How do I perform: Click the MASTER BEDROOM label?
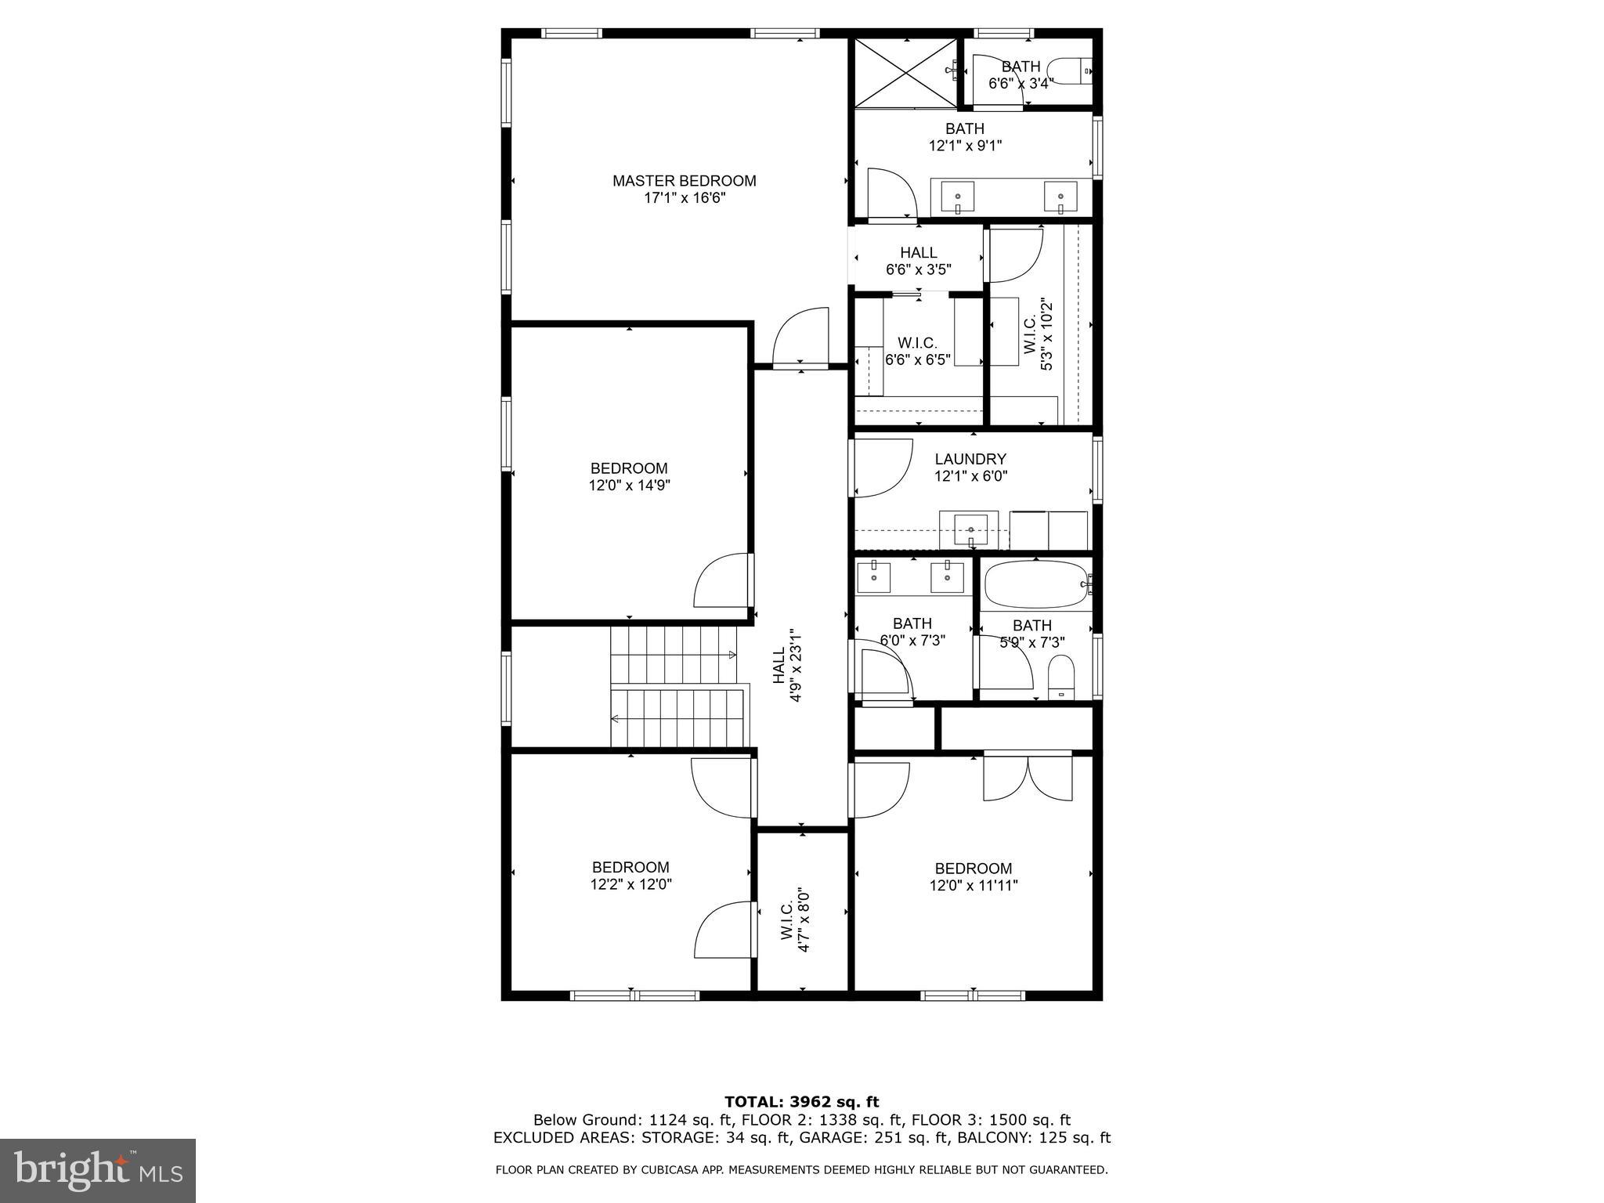684,181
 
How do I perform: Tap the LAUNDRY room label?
970,459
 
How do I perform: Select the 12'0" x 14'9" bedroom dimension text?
629,486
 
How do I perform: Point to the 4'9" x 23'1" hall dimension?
797,665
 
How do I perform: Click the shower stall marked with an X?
905,72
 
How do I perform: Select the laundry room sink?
970,529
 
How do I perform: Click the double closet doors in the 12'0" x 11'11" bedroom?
1028,778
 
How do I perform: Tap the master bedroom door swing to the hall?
800,338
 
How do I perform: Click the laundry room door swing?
882,468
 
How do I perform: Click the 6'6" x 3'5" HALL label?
918,261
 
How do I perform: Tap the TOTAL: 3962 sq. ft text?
801,1102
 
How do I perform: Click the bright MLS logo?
98,1171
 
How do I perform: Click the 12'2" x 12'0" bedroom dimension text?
630,884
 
